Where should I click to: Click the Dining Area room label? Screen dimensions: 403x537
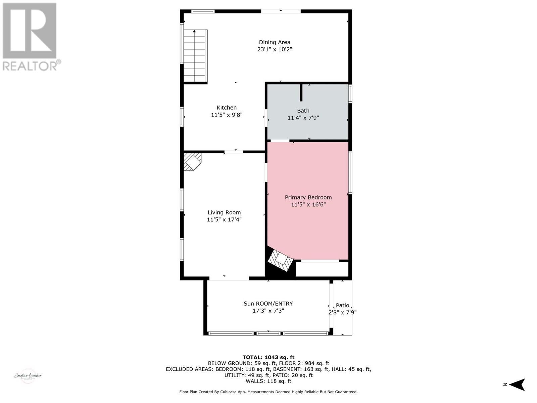pyautogui.click(x=274, y=42)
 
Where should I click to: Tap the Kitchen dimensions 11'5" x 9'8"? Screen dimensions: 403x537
pyautogui.click(x=227, y=115)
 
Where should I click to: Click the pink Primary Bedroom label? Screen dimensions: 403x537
pyautogui.click(x=308, y=197)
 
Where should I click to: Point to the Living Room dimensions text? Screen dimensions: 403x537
pyautogui.click(x=224, y=220)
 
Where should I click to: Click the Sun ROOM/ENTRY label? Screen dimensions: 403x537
pyautogui.click(x=268, y=304)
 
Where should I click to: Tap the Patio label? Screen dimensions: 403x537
pyautogui.click(x=342, y=305)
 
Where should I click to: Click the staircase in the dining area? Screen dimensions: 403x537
pyautogui.click(x=195, y=56)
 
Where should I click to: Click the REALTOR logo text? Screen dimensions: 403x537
pyautogui.click(x=32, y=65)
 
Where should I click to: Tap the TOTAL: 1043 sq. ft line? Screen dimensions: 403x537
pyautogui.click(x=268, y=357)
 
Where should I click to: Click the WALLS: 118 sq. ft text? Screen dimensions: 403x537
pyautogui.click(x=268, y=381)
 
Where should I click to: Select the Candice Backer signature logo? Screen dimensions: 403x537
pyautogui.click(x=28, y=376)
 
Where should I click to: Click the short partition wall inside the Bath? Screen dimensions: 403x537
pyautogui.click(x=301, y=93)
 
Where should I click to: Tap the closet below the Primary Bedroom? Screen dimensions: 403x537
pyautogui.click(x=322, y=269)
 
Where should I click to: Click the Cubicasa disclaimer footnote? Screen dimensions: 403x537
pyautogui.click(x=268, y=392)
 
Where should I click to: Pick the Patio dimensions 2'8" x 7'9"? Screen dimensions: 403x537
pyautogui.click(x=342, y=312)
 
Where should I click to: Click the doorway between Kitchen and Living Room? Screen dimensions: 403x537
pyautogui.click(x=234, y=152)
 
